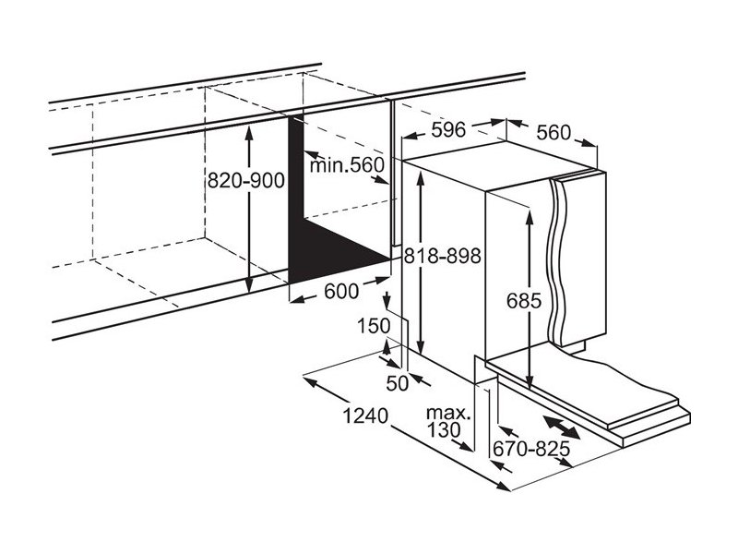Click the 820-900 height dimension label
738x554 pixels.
coord(245,180)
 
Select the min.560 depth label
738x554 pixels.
coord(347,165)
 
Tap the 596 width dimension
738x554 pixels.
coord(448,129)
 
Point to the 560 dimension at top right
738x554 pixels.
coord(553,133)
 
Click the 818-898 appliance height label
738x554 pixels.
coord(443,256)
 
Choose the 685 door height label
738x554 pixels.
coord(524,301)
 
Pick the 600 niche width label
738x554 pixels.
coord(341,292)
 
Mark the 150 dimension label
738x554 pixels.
coord(374,326)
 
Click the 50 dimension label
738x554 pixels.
coord(398,383)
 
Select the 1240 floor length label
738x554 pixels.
coord(365,416)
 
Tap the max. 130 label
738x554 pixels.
coord(447,422)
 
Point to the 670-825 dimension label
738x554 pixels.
coord(531,449)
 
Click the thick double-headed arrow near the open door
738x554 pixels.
coord(561,427)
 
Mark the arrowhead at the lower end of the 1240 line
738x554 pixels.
coord(503,486)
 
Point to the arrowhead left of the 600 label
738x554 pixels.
coord(296,298)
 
